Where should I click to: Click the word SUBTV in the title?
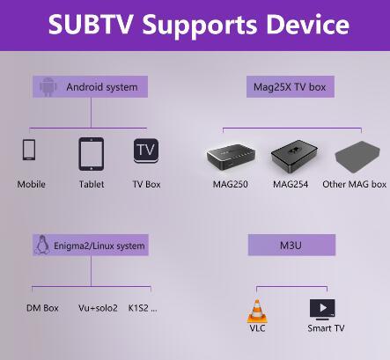pyautogui.click(x=91, y=24)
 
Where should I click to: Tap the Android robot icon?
pyautogui.click(x=48, y=87)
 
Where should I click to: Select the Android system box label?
pyautogui.click(x=90, y=87)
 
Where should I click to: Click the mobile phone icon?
pyautogui.click(x=29, y=150)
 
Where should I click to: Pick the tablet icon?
pyautogui.click(x=92, y=154)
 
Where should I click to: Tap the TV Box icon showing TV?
pyautogui.click(x=146, y=151)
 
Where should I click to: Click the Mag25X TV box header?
pyautogui.click(x=291, y=87)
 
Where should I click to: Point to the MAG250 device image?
pyautogui.click(x=231, y=158)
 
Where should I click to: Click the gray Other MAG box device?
pyautogui.click(x=357, y=158)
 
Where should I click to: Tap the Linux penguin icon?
pyautogui.click(x=42, y=245)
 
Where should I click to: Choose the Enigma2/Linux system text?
pyautogui.click(x=99, y=246)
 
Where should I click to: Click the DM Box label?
pyautogui.click(x=42, y=308)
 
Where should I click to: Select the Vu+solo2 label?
pyautogui.click(x=98, y=308)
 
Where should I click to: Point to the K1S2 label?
pyautogui.click(x=143, y=308)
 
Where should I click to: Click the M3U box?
pyautogui.click(x=291, y=245)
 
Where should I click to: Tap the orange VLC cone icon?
pyautogui.click(x=257, y=312)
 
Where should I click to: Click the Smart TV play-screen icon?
pyautogui.click(x=322, y=310)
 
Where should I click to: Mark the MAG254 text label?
pyautogui.click(x=291, y=184)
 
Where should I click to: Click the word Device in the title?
pyautogui.click(x=308, y=24)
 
